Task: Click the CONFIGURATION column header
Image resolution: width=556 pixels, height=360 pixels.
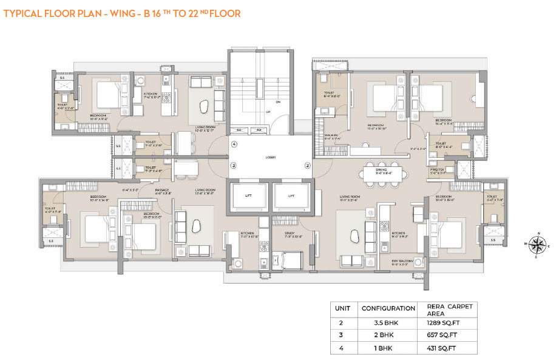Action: tap(388, 308)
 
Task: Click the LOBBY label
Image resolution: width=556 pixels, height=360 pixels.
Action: tap(270, 157)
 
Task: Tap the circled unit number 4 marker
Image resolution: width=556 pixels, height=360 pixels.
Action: tap(233, 144)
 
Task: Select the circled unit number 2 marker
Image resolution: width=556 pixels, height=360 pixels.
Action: tap(307, 165)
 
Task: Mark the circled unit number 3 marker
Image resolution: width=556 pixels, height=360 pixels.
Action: tap(233, 165)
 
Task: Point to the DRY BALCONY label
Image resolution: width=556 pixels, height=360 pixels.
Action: tap(401, 262)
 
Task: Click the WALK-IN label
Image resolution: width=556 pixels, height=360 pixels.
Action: tap(331, 137)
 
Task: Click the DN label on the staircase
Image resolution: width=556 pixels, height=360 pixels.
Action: tap(279, 102)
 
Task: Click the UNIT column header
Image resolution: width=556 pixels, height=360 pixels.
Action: tap(343, 308)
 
